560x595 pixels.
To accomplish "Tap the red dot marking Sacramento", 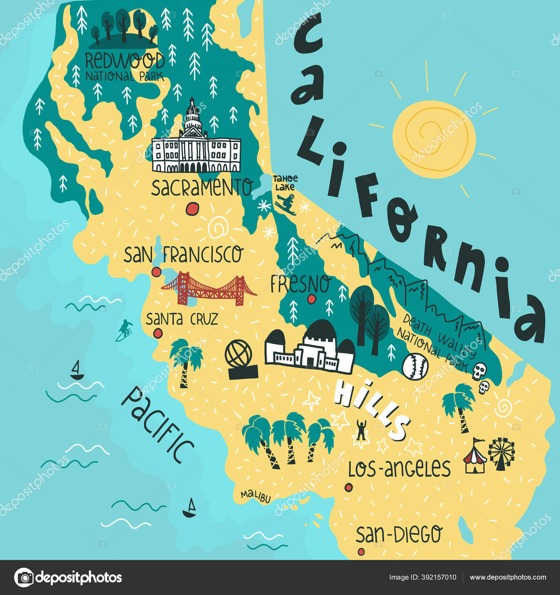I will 192,209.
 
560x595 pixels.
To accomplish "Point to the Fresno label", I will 300,283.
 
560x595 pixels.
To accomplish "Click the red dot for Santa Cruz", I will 158,333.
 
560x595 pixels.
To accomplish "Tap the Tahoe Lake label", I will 285,183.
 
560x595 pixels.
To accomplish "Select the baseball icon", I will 415,366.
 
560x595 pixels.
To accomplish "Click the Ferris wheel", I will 502,453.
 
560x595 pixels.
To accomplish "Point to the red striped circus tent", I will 475,457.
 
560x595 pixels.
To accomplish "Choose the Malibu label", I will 256,496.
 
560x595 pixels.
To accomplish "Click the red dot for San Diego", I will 361,552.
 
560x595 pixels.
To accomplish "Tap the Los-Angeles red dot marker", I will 348,487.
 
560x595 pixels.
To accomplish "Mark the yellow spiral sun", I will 433,139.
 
